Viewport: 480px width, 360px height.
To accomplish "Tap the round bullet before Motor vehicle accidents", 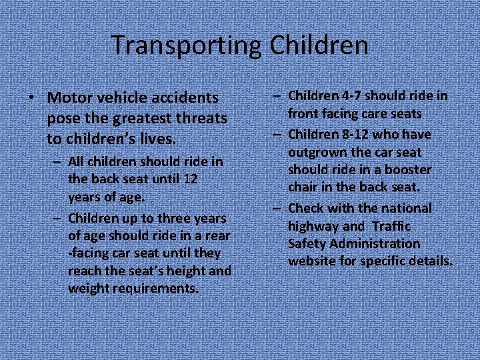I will (x=31, y=98).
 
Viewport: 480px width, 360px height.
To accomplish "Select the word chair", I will (x=303, y=188).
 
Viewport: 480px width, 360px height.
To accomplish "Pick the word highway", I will (x=313, y=226).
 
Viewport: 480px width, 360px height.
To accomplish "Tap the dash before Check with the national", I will (x=275, y=208).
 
